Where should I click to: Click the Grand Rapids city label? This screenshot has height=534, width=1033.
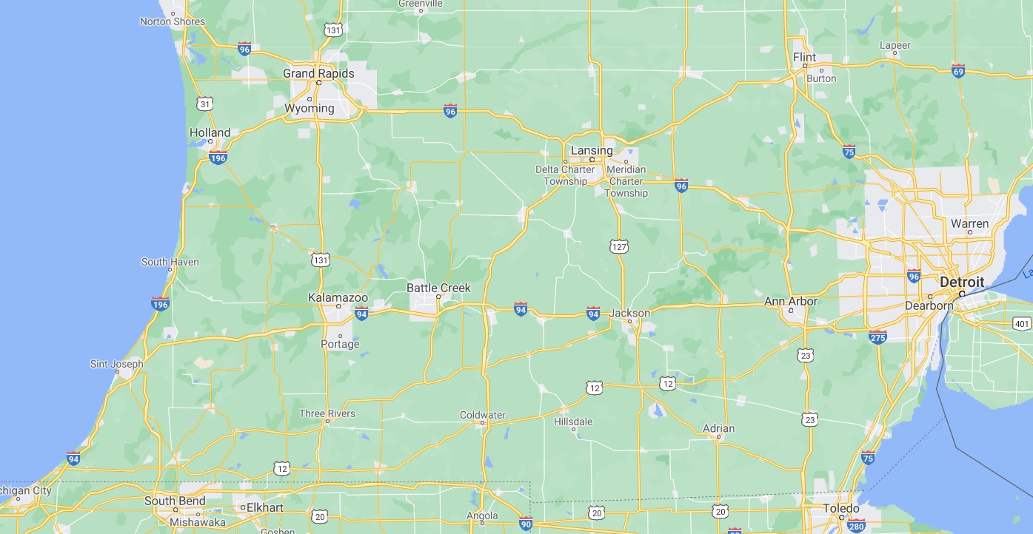click(x=318, y=73)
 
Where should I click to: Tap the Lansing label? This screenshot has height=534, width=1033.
click(x=592, y=150)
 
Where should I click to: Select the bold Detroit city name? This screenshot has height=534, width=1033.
click(x=962, y=282)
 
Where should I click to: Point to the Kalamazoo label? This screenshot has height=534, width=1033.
click(x=338, y=298)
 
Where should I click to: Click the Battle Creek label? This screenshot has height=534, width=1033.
click(x=438, y=288)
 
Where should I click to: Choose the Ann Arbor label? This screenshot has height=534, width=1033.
click(x=791, y=301)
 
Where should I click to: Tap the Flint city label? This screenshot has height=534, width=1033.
click(x=804, y=57)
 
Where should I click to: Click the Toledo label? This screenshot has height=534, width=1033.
click(x=841, y=508)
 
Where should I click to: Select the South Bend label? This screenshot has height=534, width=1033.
click(x=175, y=501)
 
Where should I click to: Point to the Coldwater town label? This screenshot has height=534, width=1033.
click(x=483, y=415)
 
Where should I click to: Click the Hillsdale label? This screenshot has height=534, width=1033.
click(x=573, y=422)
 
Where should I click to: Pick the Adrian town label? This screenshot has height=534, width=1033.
click(x=718, y=428)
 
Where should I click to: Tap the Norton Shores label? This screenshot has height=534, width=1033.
click(x=173, y=21)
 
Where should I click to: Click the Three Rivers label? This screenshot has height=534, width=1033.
click(x=327, y=413)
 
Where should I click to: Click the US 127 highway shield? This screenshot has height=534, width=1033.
click(x=620, y=246)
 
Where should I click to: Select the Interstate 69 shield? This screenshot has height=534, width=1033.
click(x=958, y=70)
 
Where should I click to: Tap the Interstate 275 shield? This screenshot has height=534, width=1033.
click(x=878, y=337)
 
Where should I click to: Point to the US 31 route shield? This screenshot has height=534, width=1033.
click(x=205, y=104)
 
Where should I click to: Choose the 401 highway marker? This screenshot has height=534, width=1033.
click(x=1022, y=323)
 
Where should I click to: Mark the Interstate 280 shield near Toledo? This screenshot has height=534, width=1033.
click(x=856, y=526)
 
